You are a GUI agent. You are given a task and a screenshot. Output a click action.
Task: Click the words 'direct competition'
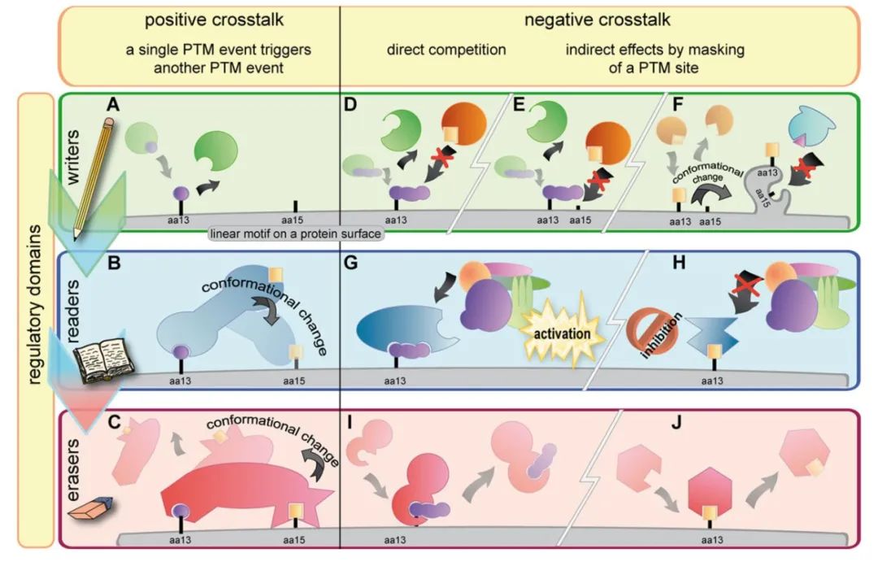click(446, 50)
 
